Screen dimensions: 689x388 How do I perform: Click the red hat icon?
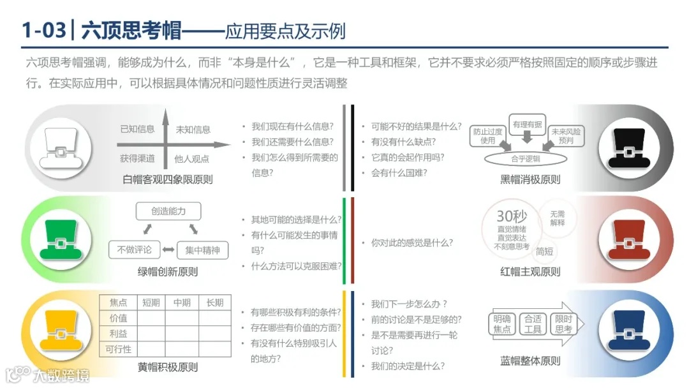tap(628, 240)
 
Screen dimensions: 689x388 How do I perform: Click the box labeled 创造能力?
tap(168, 211)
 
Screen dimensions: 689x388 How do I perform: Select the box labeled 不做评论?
tap(133, 250)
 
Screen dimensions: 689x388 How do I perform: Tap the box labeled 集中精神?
tap(202, 250)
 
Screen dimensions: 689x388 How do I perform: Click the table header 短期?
tap(151, 302)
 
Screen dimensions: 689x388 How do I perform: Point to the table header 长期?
tap(214, 302)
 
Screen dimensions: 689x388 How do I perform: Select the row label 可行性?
tap(118, 349)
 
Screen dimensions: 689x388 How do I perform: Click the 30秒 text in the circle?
tap(512, 216)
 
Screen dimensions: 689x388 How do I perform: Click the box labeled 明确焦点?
tap(502, 324)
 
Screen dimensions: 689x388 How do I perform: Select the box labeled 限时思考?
tap(563, 324)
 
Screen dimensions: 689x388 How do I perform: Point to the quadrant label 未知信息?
tap(193, 130)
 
